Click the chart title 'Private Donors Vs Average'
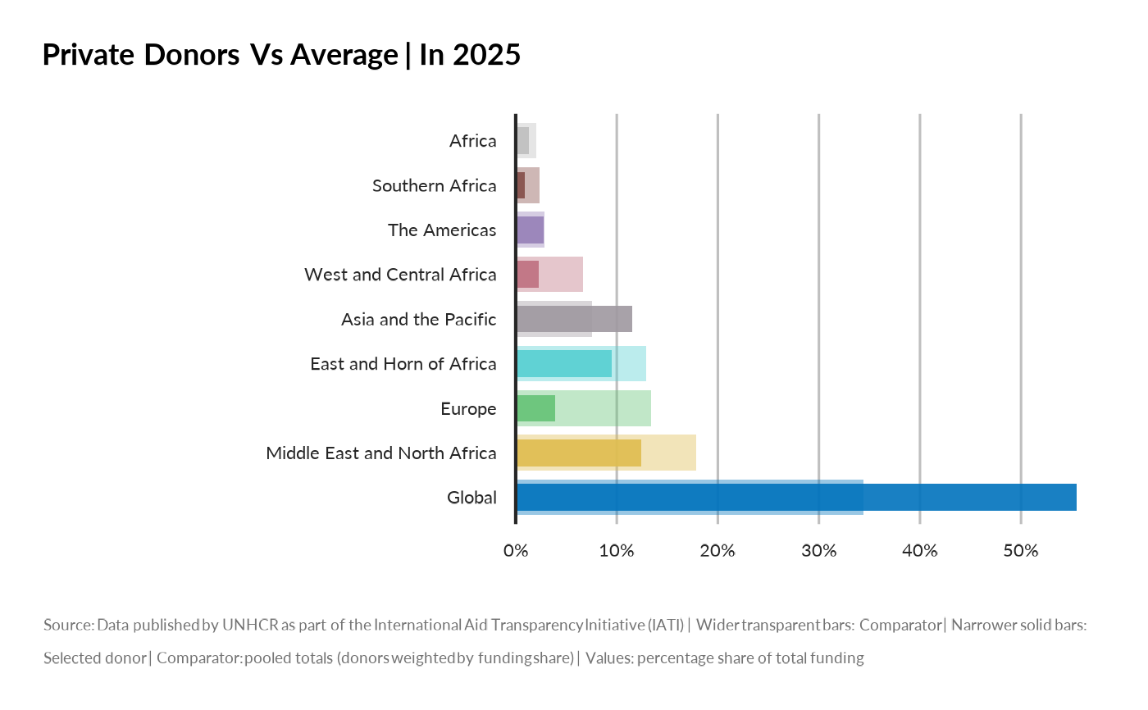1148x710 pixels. coord(220,55)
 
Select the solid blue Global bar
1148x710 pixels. coord(795,498)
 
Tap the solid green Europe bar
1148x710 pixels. coord(535,408)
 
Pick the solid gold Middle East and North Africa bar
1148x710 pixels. coord(578,453)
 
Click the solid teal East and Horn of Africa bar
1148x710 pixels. coord(563,364)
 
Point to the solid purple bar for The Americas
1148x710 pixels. coord(530,230)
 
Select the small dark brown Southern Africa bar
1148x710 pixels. coord(521,185)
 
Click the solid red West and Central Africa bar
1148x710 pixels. coord(527,275)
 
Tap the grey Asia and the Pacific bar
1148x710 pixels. coord(574,319)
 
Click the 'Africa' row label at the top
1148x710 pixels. coord(472,141)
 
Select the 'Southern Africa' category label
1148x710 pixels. coord(434,186)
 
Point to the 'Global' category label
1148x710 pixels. coord(471,498)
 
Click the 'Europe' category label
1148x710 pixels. coord(468,408)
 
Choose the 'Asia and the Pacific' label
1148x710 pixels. coord(418,320)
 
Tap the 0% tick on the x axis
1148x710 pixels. coord(515,551)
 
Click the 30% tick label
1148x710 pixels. coord(818,551)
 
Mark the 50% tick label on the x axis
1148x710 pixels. coord(1020,551)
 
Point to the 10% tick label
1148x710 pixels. coord(616,551)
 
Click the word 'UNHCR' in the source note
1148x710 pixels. coord(250,626)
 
